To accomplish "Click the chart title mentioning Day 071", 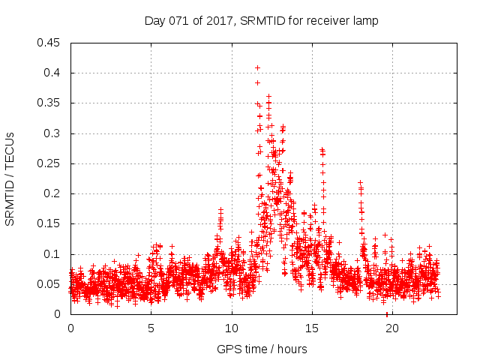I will (261, 21).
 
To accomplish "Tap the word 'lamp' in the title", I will (365, 21).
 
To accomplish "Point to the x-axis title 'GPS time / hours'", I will (262, 349).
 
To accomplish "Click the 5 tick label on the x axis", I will (151, 328).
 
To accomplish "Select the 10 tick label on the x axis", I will (232, 328).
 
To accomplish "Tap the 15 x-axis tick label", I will (312, 328).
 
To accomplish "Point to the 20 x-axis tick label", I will (392, 328).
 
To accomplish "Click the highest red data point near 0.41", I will (257, 67).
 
